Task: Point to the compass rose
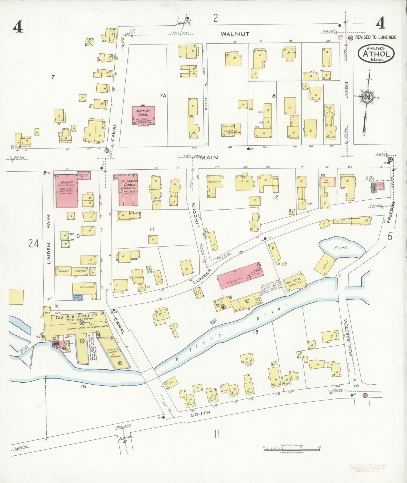pyautogui.click(x=367, y=97)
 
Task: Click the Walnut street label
pyautogui.click(x=235, y=34)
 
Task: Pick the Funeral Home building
pyautogui.click(x=231, y=130)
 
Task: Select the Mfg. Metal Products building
pyautogui.click(x=294, y=283)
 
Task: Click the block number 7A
pyautogui.click(x=163, y=96)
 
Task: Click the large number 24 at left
pyautogui.click(x=34, y=243)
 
